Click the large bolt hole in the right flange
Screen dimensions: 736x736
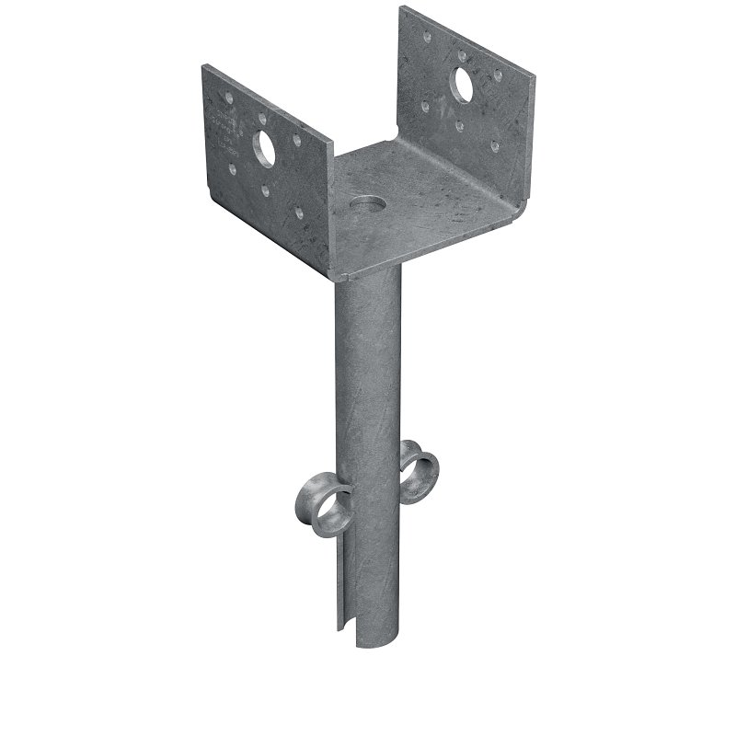pos(462,87)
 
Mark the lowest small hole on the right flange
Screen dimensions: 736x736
pos(495,146)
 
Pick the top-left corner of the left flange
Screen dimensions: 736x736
pos(204,66)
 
